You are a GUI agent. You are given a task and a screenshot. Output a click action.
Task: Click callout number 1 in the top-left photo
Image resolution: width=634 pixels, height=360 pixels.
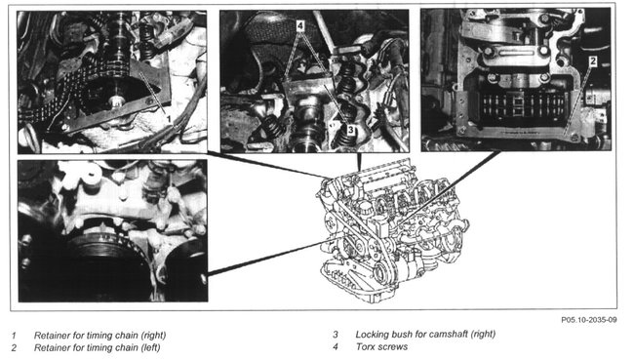click(169, 119)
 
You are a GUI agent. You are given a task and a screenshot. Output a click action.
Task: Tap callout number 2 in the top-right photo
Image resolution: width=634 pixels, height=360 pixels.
click(593, 61)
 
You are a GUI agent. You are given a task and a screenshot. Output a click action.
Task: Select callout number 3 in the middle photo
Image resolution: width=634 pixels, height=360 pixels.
click(350, 130)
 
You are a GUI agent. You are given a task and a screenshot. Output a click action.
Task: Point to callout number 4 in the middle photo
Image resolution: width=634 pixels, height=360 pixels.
click(299, 26)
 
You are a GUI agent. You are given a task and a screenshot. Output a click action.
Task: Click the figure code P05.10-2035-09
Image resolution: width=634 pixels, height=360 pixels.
click(589, 320)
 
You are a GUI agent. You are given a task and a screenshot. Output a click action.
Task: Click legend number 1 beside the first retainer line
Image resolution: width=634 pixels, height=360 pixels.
click(14, 336)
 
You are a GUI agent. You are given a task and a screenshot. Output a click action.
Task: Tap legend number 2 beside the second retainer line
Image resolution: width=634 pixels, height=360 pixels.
click(15, 348)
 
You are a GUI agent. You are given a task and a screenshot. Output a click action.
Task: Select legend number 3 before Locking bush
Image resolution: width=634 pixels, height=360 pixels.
click(336, 335)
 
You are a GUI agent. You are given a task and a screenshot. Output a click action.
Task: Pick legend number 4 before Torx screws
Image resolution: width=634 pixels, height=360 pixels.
click(336, 347)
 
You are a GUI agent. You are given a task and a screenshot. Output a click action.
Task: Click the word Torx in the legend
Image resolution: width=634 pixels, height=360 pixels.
click(367, 346)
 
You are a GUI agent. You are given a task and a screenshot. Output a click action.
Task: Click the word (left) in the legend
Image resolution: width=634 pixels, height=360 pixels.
click(150, 347)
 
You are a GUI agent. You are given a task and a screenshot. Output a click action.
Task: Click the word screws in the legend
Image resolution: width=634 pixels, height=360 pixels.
click(393, 347)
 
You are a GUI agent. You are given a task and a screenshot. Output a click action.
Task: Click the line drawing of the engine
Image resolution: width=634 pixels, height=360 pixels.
click(391, 230)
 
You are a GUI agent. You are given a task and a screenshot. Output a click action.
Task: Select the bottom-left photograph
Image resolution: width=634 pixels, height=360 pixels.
click(113, 230)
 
